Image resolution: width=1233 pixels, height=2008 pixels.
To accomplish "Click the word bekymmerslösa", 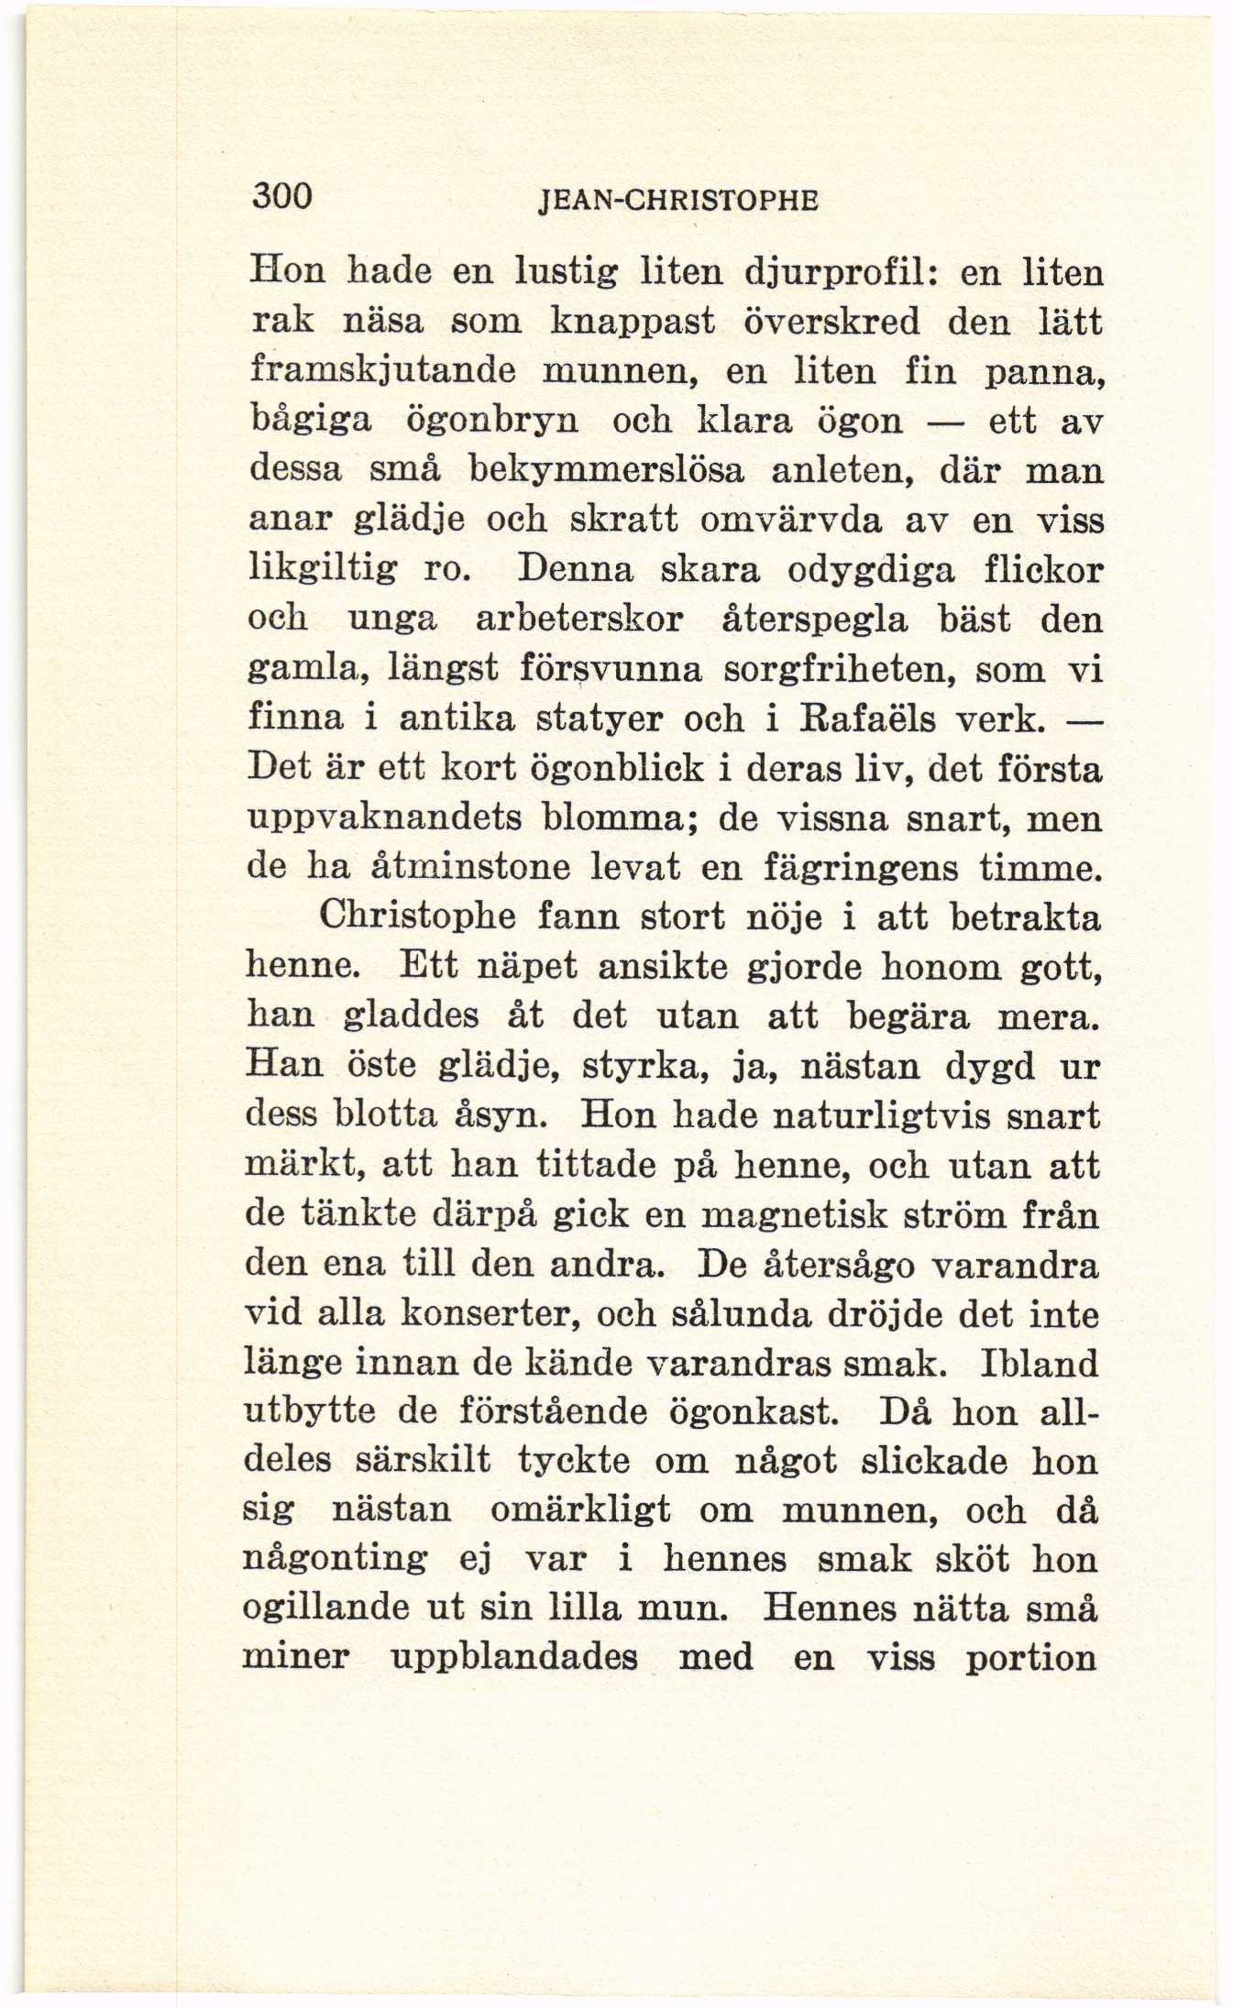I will coord(607,471).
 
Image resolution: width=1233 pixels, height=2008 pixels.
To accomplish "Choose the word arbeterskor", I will coord(580,620).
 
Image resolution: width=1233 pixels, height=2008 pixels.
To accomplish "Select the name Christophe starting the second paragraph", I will coord(415,916).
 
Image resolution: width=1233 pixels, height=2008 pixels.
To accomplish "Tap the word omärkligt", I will coord(580,1510).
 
